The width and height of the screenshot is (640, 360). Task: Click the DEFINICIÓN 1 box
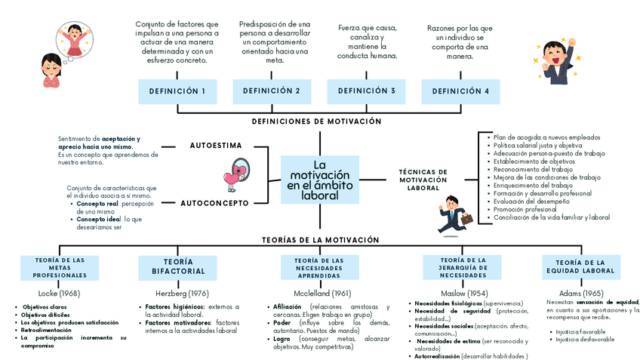[x=177, y=91]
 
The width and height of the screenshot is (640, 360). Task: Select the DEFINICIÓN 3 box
[x=366, y=91]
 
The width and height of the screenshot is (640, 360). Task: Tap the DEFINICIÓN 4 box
[x=460, y=91]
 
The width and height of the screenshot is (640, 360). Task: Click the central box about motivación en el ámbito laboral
[x=319, y=180]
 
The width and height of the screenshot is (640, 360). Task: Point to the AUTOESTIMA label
[x=216, y=144]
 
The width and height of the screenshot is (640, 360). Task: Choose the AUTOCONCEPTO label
[x=214, y=203]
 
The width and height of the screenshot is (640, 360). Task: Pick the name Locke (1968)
[x=59, y=293]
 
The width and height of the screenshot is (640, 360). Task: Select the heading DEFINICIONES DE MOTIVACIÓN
[x=316, y=122]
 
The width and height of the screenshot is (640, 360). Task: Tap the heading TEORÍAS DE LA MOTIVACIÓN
[x=320, y=239]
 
